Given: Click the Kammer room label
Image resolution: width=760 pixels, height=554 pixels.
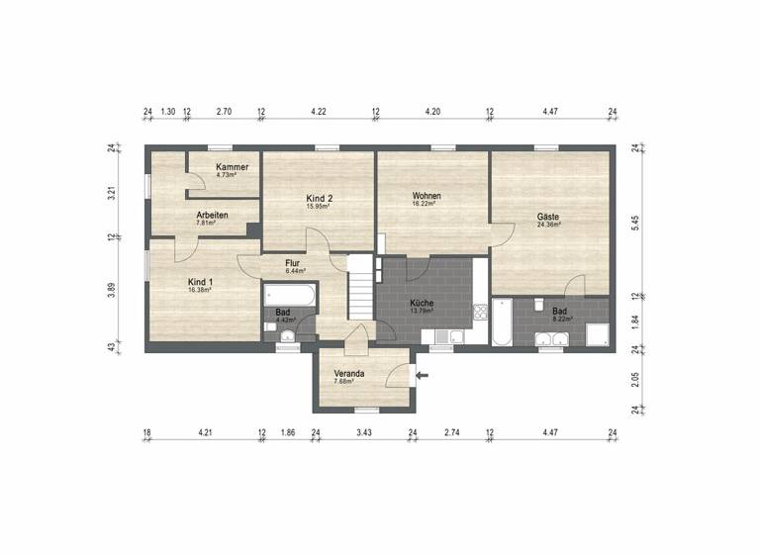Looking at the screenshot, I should coord(233,168).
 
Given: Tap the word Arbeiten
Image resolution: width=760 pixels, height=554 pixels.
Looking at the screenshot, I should coord(213,216).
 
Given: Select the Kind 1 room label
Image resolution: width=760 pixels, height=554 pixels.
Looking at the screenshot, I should coord(201,282).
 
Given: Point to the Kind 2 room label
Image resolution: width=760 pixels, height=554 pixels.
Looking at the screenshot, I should coord(319,199).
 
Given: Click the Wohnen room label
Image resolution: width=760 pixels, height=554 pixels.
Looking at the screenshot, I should coord(427,197).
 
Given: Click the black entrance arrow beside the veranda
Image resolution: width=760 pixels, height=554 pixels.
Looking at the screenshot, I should coord(423,375).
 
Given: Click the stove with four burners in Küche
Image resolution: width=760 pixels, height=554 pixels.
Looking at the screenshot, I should coord(480,315).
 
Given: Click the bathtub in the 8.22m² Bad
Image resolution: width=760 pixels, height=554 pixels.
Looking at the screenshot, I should coord(502,322).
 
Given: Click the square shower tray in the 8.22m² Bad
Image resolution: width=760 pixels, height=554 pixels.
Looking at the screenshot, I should coord(596,334).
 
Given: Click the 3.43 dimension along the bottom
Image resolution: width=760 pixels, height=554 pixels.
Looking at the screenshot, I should coord(363,432).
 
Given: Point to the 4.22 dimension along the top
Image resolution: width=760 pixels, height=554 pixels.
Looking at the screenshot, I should coord(319,112).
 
